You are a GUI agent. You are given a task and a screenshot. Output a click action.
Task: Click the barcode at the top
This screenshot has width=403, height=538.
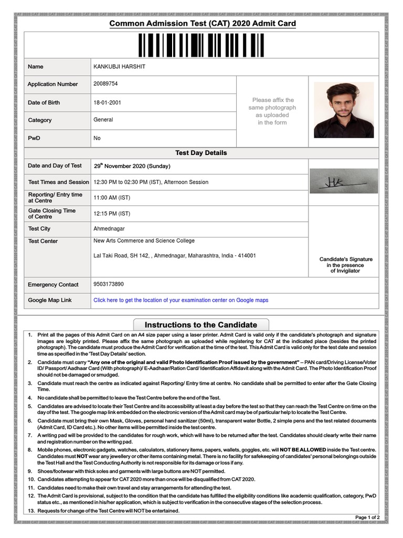(x=202, y=45)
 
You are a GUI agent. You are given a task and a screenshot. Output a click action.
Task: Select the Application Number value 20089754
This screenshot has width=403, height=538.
(x=105, y=84)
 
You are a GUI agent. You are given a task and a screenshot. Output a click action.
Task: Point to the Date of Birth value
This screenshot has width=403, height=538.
(x=107, y=102)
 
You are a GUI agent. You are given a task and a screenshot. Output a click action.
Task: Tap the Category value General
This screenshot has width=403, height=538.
(x=103, y=120)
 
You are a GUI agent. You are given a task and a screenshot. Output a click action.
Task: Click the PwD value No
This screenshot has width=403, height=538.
(x=97, y=138)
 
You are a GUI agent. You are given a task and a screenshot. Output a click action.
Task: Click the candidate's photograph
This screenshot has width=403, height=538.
(x=344, y=110)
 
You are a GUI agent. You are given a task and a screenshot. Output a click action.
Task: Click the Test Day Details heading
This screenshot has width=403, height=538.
(x=201, y=153)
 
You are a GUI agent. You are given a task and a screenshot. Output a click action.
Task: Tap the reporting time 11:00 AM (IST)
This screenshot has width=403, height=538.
(x=112, y=198)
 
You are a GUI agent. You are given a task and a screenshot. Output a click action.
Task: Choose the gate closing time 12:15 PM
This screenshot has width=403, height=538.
(x=112, y=214)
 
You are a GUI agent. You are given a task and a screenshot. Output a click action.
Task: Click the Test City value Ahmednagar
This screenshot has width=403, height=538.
(x=109, y=229)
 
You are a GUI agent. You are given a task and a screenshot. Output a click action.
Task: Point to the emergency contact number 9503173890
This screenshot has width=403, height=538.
(x=109, y=284)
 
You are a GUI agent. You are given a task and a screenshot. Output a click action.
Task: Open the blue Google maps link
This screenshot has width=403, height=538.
(x=181, y=301)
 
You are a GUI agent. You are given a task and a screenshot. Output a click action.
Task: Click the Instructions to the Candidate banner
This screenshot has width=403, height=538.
(x=201, y=325)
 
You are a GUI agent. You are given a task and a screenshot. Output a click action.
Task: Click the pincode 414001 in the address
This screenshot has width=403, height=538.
(x=247, y=256)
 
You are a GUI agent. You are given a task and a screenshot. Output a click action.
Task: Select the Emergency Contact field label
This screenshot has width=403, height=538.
(x=53, y=285)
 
